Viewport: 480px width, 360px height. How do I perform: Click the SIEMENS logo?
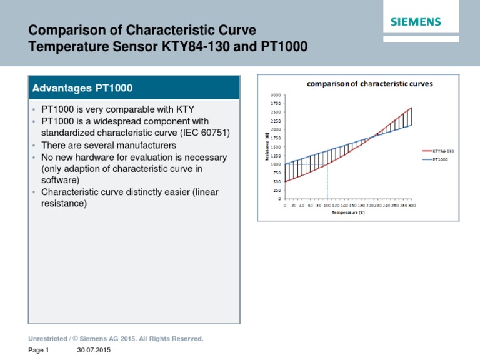(416, 22)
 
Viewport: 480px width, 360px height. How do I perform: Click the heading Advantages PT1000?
(82, 87)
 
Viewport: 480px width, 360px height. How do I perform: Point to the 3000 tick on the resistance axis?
(276, 94)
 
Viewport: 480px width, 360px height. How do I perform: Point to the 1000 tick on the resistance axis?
(276, 164)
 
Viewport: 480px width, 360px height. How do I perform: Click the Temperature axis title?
(347, 212)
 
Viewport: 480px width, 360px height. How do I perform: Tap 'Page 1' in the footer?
(39, 351)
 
